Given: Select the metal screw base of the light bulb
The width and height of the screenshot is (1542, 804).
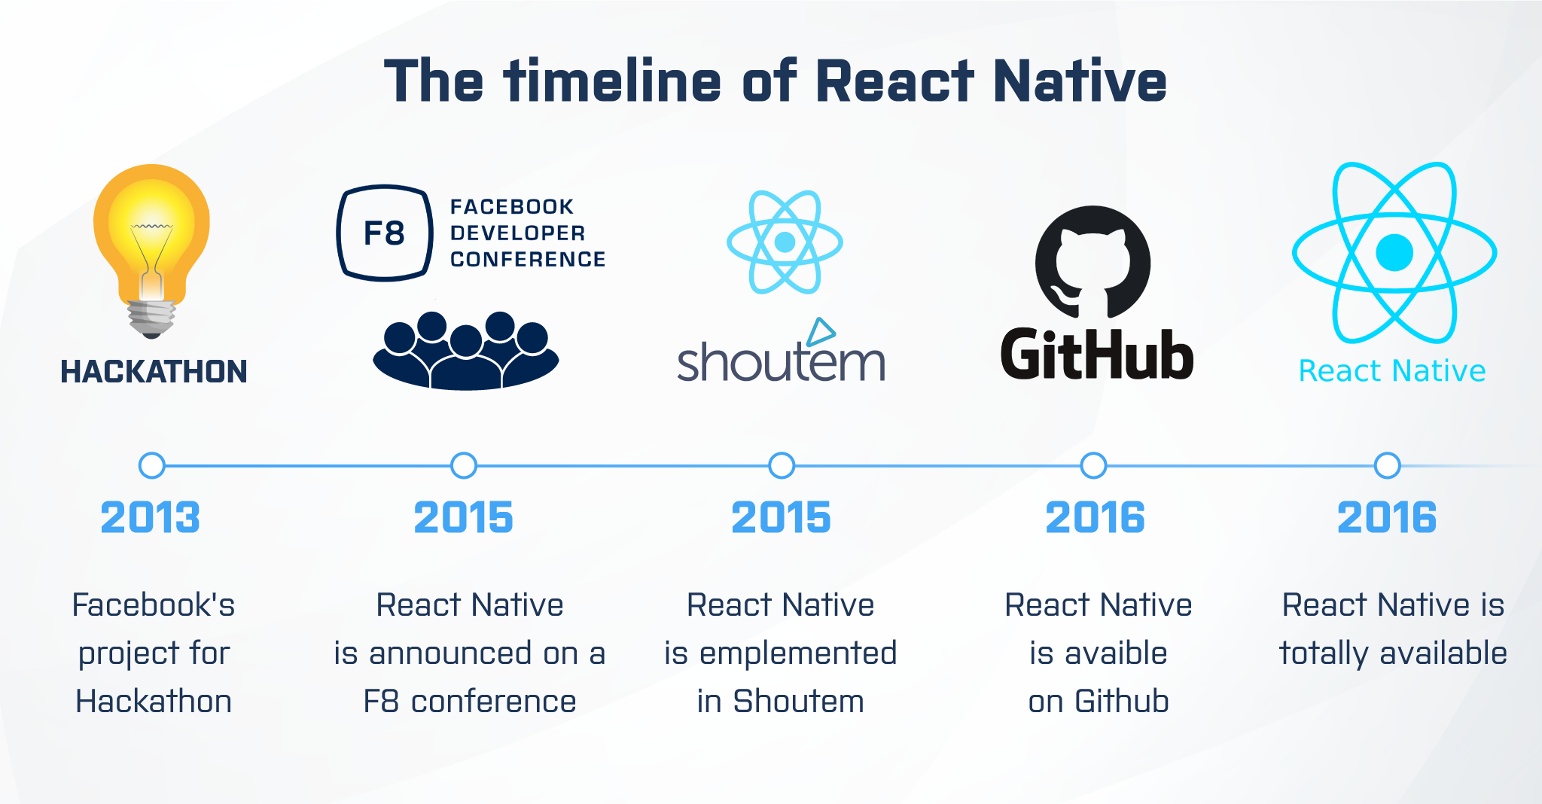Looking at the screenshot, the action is [x=152, y=318].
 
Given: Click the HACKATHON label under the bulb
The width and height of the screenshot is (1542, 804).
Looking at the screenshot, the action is [x=154, y=372].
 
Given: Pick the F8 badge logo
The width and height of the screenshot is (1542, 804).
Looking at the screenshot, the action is [x=385, y=233].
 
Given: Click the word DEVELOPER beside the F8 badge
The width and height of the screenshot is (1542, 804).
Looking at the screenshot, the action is [x=517, y=233].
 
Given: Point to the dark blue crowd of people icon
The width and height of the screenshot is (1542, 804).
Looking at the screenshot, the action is [x=466, y=351].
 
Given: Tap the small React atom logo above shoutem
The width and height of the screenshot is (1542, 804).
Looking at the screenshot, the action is [x=785, y=242].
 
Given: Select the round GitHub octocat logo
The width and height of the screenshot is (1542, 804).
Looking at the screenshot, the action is [x=1093, y=263].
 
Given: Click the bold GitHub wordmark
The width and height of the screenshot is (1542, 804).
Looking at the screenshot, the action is [x=1097, y=354].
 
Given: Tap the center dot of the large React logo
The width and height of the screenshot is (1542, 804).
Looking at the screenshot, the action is [x=1394, y=252].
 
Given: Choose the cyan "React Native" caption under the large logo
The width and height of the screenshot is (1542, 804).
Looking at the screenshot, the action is [x=1392, y=371].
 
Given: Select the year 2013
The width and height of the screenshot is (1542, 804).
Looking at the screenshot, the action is [x=151, y=518].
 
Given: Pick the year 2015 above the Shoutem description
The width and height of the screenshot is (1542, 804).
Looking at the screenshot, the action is [x=781, y=518].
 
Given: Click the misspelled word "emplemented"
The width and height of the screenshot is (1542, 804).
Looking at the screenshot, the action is [x=798, y=653].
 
